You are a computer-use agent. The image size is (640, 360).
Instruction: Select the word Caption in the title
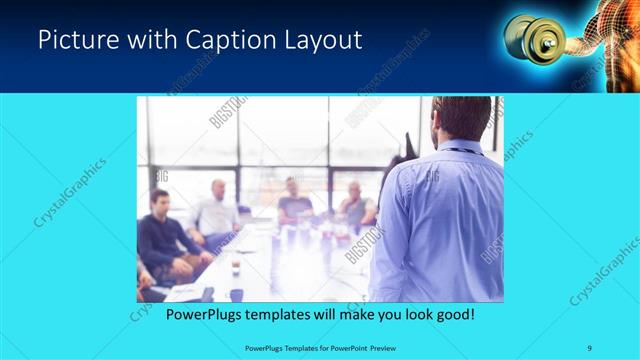230,40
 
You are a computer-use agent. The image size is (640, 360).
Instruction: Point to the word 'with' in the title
154,40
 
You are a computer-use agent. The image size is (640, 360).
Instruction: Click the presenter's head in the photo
463,118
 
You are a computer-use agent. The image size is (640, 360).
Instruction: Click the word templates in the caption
289,314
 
